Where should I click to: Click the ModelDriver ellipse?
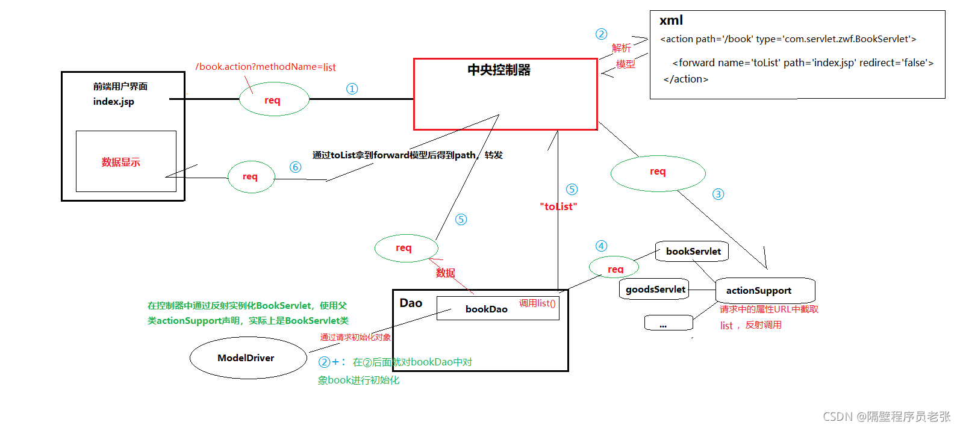(x=248, y=358)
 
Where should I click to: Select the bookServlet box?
(x=692, y=252)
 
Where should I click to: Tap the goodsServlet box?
(x=654, y=290)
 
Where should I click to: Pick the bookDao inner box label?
(x=486, y=309)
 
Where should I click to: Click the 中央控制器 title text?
(x=499, y=70)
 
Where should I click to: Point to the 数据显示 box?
(x=126, y=161)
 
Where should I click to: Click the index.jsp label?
(x=113, y=102)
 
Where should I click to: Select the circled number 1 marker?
(x=352, y=89)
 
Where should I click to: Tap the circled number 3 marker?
(x=718, y=194)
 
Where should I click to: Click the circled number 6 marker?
(x=295, y=167)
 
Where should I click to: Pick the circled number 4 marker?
(x=601, y=246)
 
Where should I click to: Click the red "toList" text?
(x=558, y=206)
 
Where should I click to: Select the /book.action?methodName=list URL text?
(x=265, y=67)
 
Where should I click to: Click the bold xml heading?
(x=671, y=20)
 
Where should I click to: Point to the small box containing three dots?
(x=668, y=323)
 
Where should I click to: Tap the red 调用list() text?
(x=537, y=303)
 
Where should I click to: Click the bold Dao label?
(x=411, y=303)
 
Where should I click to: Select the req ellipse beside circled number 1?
(x=273, y=100)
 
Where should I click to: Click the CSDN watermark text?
(x=886, y=417)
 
